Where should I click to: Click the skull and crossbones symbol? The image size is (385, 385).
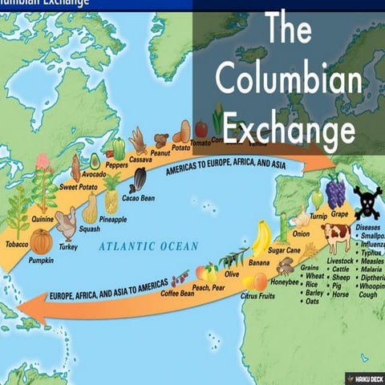(x=367, y=202)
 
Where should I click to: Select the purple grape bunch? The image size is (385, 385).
(x=335, y=192)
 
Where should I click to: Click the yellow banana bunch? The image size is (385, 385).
(x=261, y=238)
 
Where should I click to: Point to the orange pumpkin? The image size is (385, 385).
(x=42, y=241)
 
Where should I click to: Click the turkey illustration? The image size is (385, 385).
(x=67, y=224)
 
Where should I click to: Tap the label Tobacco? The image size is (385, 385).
(x=17, y=244)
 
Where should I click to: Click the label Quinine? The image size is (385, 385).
(x=43, y=218)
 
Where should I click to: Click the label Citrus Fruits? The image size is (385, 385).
(x=259, y=295)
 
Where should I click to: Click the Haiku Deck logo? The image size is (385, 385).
(x=364, y=376)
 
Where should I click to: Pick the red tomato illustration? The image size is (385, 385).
(x=201, y=128)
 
